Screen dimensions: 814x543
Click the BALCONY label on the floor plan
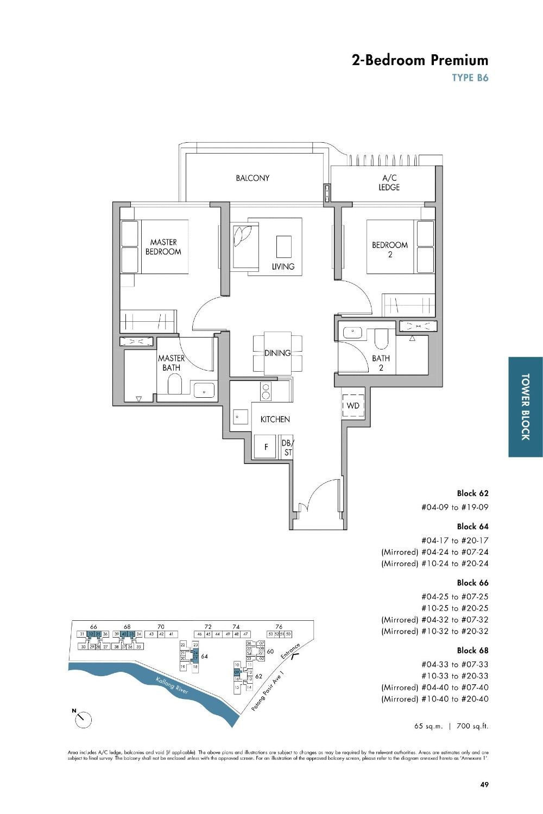(252, 178)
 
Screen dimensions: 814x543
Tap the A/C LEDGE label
(389, 183)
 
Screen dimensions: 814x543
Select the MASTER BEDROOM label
(163, 247)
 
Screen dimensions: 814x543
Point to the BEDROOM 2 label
(389, 249)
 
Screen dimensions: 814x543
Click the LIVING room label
(283, 266)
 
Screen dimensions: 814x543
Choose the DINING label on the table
(277, 353)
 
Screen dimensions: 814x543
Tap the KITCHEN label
(275, 419)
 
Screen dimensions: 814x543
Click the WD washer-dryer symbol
(352, 406)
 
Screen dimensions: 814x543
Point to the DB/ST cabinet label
(287, 448)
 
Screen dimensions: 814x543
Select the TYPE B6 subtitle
(470, 78)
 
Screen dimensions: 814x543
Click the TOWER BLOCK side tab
(525, 406)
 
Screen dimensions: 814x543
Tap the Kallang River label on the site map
(172, 685)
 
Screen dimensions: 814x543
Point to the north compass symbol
(83, 720)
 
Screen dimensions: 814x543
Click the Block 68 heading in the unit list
(472, 650)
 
